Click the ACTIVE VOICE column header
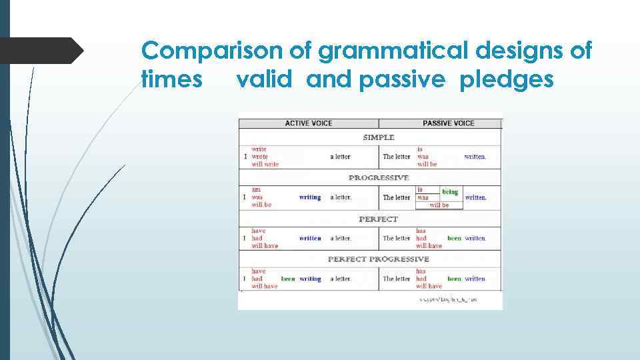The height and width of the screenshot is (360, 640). (x=308, y=123)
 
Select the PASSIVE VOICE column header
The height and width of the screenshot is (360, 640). (x=448, y=123)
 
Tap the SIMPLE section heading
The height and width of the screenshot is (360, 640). (x=378, y=137)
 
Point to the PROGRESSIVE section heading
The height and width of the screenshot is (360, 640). (x=378, y=178)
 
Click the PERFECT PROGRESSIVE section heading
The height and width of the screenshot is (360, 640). (x=378, y=259)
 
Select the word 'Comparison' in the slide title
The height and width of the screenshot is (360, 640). (x=214, y=51)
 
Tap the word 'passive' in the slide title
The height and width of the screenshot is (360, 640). (x=401, y=80)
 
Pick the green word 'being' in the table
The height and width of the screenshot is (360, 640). (x=450, y=192)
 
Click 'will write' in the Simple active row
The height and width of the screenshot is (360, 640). (x=265, y=164)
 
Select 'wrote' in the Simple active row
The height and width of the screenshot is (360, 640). (x=259, y=157)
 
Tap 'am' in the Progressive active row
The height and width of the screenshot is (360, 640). (x=256, y=190)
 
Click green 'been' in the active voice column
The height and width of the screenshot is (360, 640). (x=288, y=279)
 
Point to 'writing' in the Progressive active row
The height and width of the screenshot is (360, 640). (x=310, y=197)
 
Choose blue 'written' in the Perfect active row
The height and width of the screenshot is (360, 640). (x=310, y=238)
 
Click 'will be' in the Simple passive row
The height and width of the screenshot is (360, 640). (x=427, y=164)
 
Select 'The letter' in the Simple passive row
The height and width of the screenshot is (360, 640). (x=397, y=157)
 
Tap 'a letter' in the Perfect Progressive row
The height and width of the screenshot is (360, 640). (x=340, y=279)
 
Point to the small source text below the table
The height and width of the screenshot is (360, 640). (x=448, y=300)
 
